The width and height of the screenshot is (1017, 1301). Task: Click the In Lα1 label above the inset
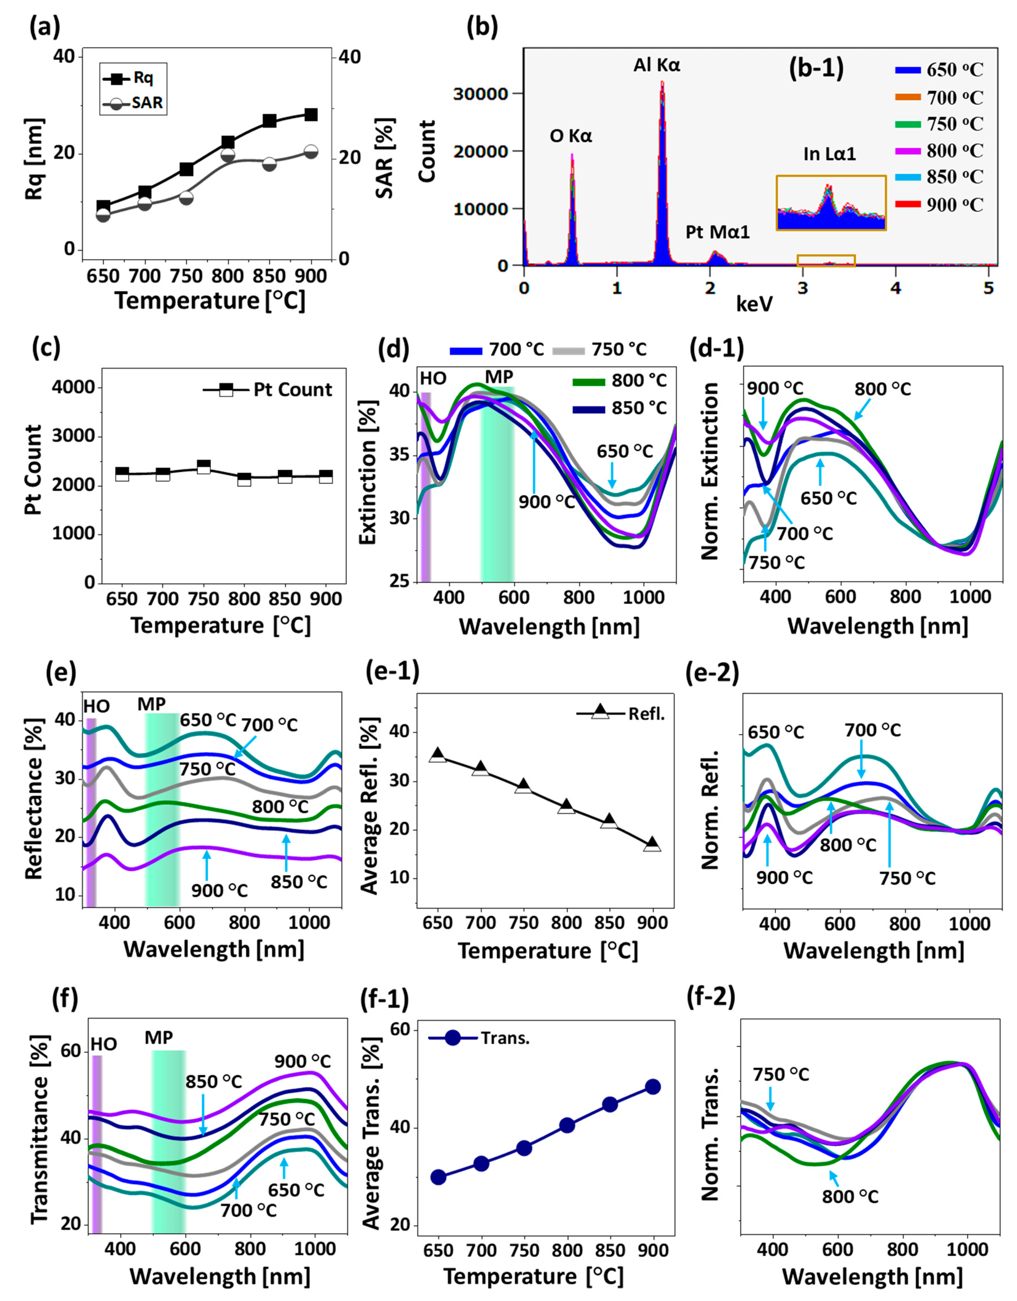829,154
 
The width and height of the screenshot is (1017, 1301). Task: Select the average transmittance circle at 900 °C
653,1086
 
